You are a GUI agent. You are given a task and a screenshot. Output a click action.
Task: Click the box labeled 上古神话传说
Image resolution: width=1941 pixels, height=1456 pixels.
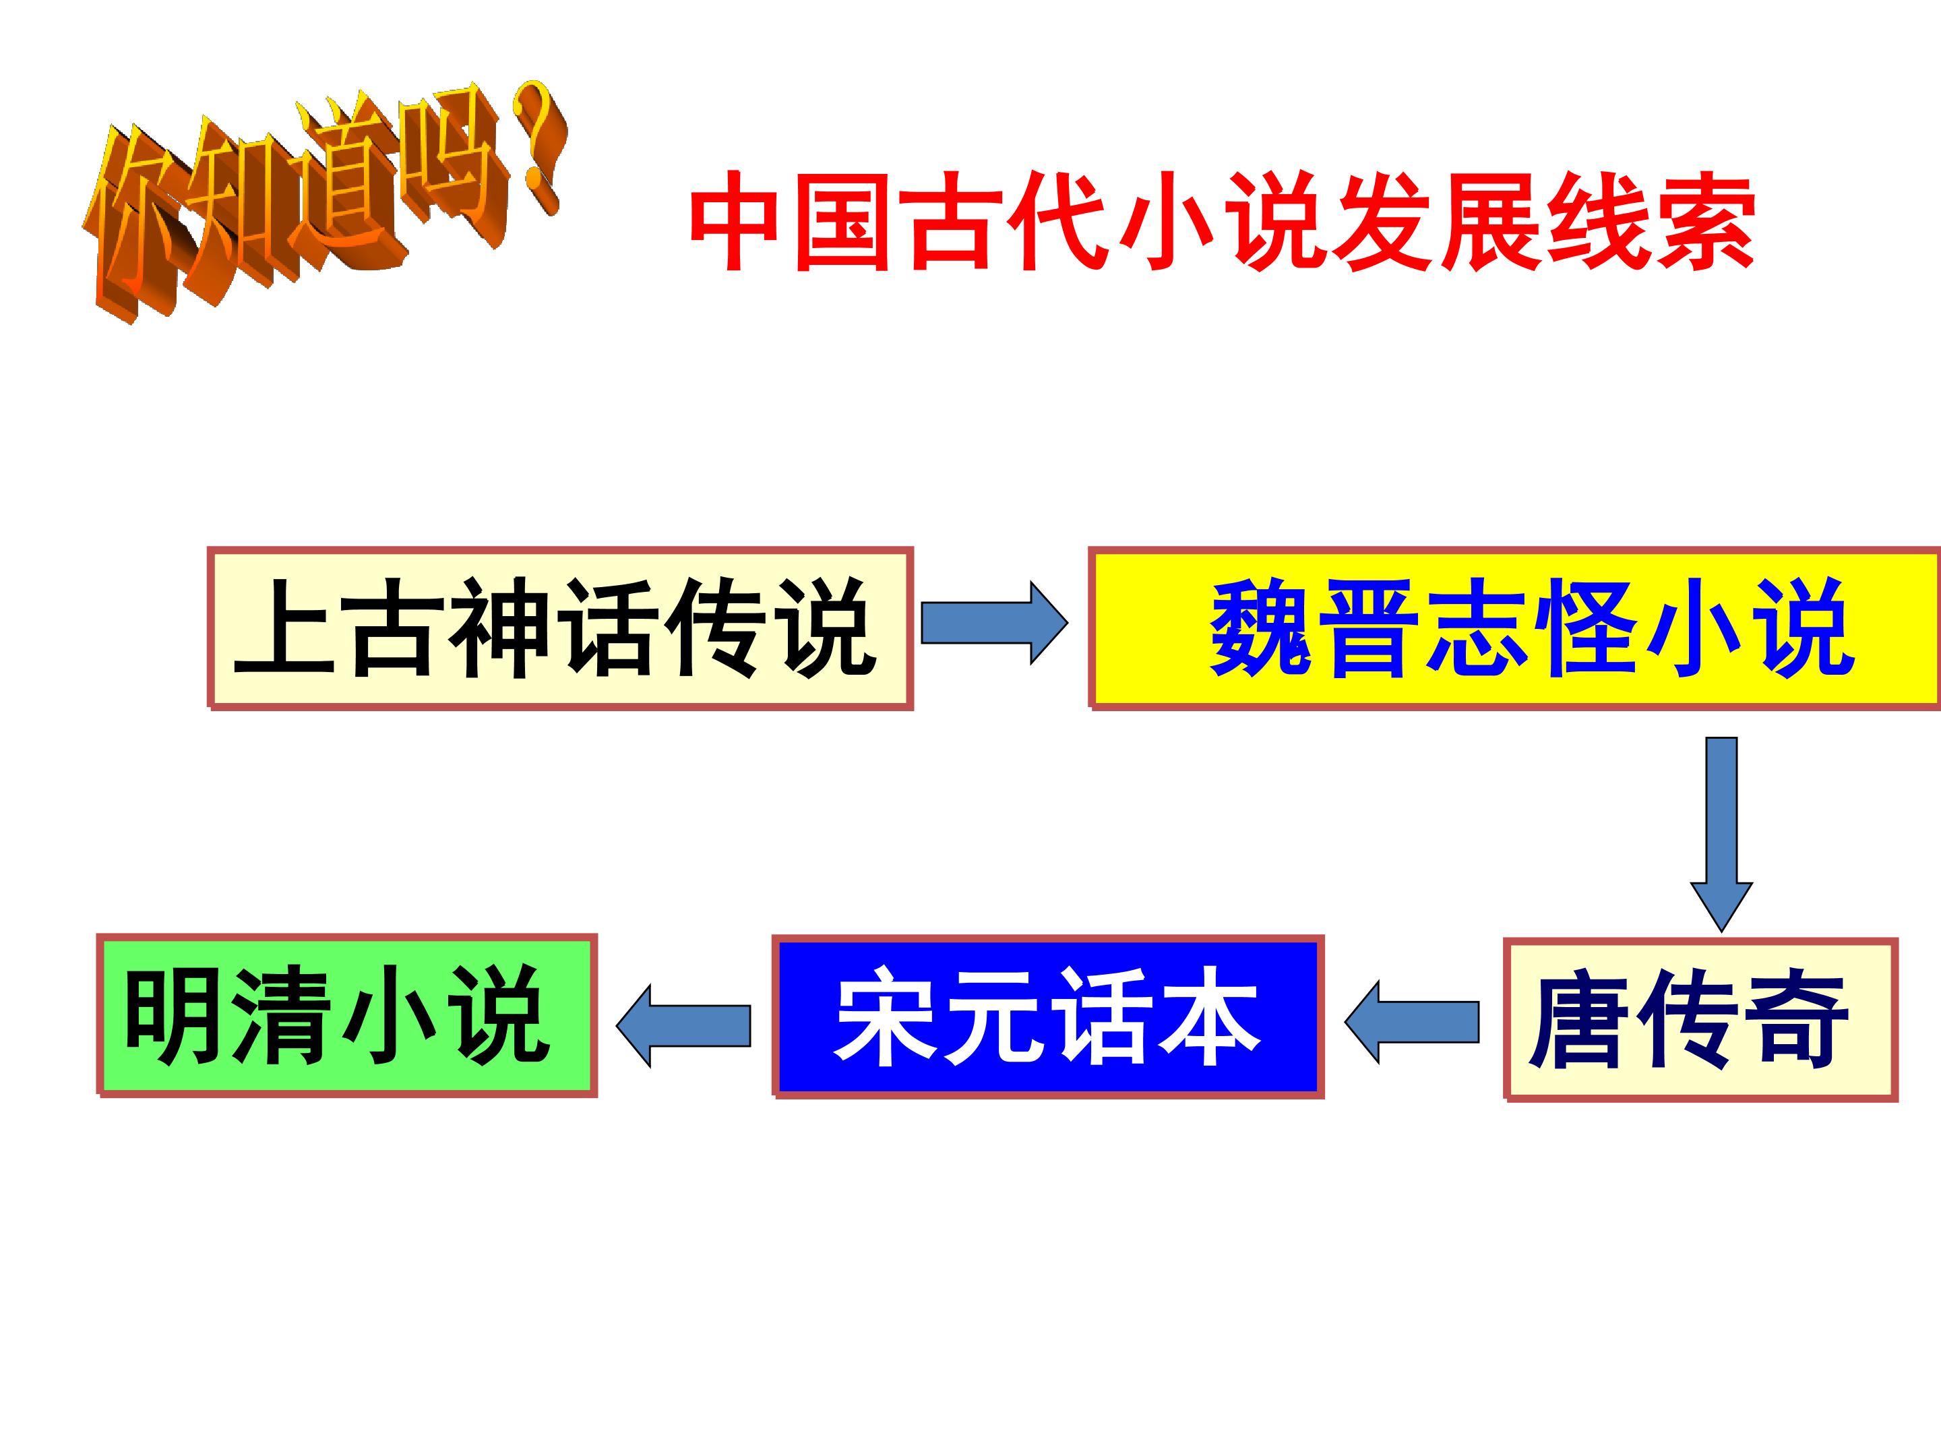[561, 628]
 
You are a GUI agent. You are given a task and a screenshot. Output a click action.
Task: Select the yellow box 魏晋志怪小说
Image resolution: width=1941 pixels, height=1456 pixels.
[1514, 628]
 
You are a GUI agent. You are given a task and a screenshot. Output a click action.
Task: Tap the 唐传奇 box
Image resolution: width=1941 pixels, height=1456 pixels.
[1700, 1020]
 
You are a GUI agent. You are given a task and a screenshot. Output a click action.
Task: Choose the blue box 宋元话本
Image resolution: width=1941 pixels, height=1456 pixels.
[1048, 1017]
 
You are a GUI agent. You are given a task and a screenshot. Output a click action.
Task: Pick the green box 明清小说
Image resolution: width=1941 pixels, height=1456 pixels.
[346, 1014]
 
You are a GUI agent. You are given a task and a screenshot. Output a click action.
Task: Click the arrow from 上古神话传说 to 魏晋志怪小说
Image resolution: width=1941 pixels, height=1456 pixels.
[994, 623]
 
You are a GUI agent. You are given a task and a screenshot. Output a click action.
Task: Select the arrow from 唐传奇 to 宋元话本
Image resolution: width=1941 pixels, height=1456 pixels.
[1412, 1023]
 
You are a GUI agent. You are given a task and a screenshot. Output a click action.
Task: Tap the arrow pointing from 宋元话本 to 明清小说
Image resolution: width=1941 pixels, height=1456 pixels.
[683, 1026]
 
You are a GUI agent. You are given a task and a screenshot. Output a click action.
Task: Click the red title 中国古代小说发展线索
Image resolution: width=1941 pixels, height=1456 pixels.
[1221, 221]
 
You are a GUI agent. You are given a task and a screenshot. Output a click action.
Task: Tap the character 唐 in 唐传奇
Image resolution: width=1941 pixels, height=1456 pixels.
[1578, 1020]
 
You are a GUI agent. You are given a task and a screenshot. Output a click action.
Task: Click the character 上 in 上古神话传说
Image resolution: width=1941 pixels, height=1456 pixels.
[285, 628]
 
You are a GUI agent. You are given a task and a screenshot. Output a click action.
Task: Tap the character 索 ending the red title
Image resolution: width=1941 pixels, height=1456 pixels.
[1703, 221]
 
